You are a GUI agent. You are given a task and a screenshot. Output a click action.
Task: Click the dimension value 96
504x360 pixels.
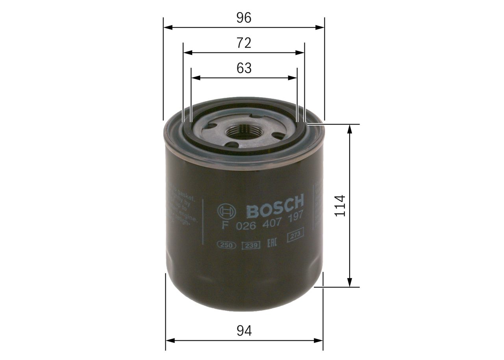244,18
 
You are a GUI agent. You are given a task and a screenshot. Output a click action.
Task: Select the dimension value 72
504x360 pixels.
244,43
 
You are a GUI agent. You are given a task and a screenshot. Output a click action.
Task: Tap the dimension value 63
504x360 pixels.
244,68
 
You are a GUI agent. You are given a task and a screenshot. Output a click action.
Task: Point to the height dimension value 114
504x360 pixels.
340,205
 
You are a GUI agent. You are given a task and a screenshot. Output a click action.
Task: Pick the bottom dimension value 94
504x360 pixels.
244,330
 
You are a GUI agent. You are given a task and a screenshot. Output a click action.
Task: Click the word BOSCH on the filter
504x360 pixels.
275,206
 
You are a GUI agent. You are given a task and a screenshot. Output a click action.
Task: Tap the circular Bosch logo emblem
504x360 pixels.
226,212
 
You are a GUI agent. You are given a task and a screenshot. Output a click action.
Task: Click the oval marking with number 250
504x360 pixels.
226,245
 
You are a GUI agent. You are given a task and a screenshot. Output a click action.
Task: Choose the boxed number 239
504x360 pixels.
250,245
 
